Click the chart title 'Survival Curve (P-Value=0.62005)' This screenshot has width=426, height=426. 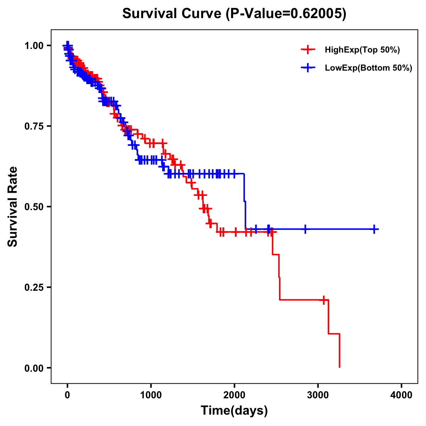(234, 14)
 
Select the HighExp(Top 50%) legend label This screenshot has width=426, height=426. (362, 50)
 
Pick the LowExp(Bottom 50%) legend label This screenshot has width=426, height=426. (368, 68)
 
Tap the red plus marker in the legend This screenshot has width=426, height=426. (308, 50)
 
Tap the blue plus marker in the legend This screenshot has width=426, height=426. (308, 68)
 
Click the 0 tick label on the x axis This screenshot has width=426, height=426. (67, 395)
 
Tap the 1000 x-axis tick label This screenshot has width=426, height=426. (151, 395)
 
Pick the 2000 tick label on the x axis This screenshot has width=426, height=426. (234, 395)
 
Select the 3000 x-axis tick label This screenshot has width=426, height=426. (318, 395)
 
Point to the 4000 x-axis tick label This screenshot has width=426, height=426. (402, 395)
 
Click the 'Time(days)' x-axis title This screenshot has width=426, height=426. (234, 411)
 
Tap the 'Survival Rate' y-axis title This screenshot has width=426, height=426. (13, 206)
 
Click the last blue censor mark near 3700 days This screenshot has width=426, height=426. (374, 229)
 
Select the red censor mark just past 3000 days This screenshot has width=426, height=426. (323, 300)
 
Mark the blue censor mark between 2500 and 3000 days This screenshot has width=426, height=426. (305, 229)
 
